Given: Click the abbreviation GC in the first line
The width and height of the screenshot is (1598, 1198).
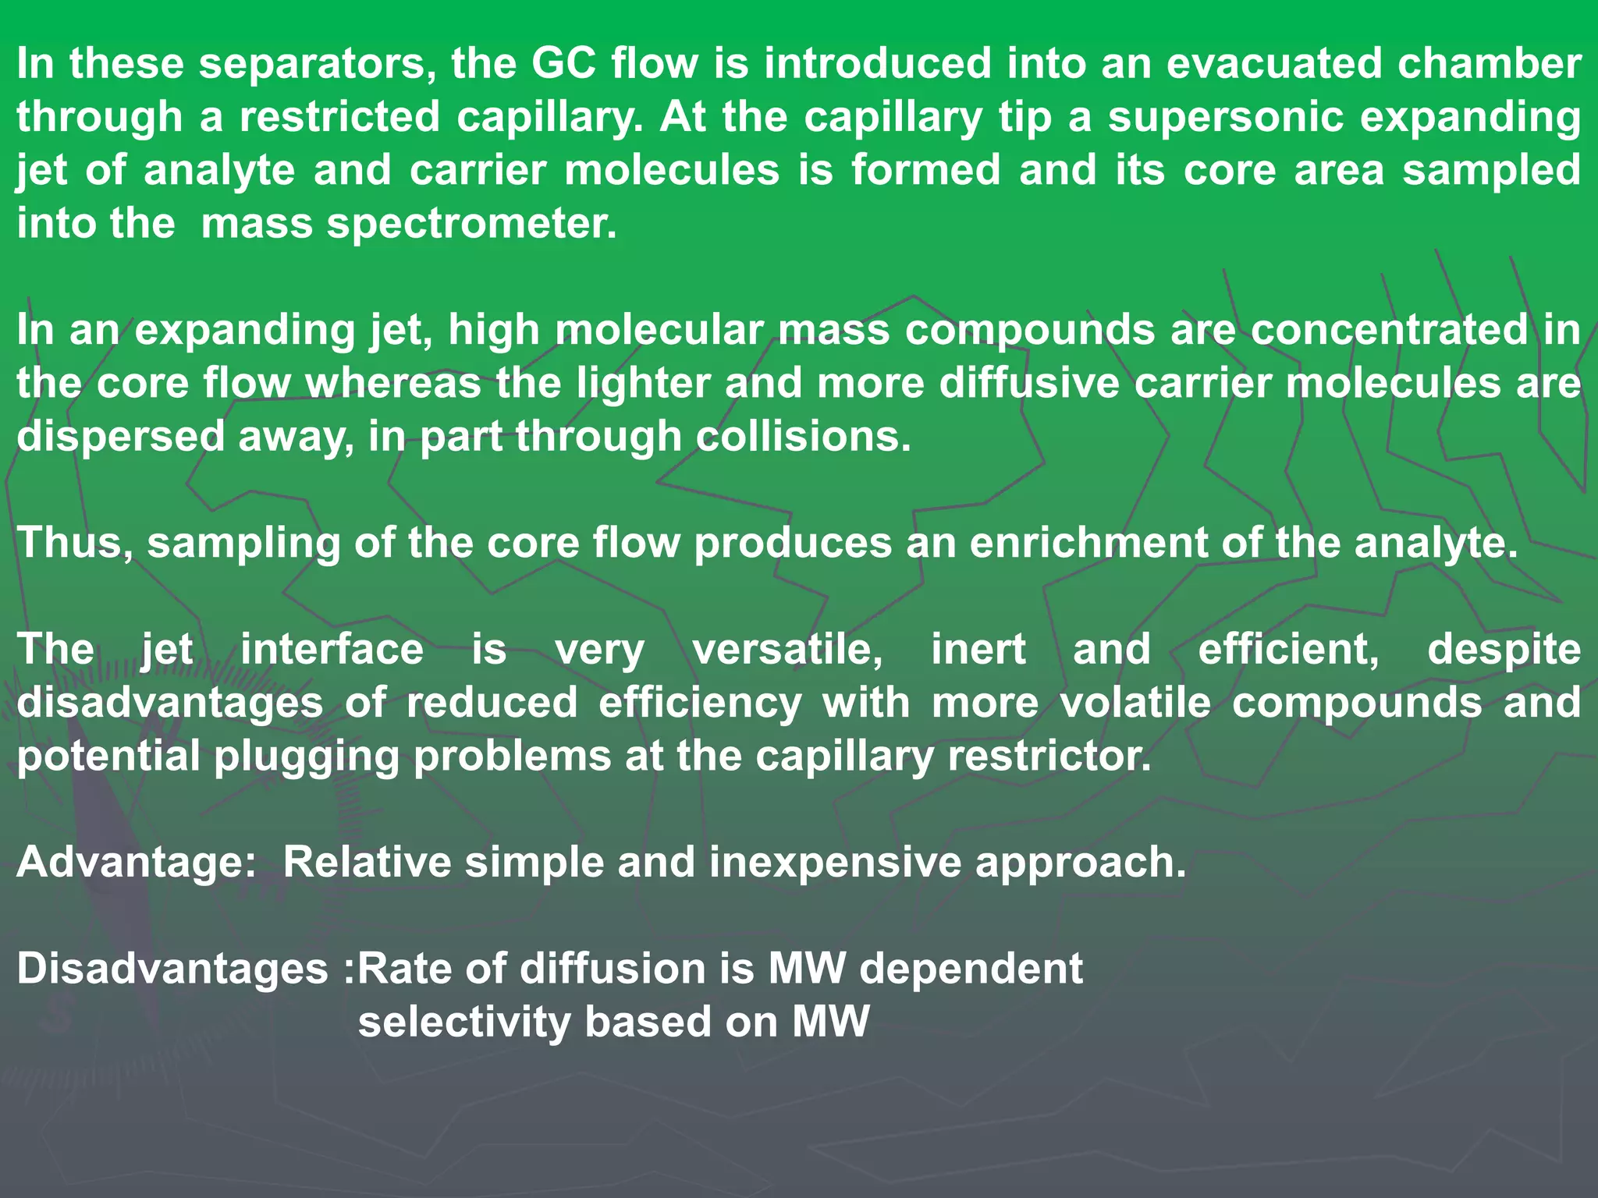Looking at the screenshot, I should pyautogui.click(x=564, y=63).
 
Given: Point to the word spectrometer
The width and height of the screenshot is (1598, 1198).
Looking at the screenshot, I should pyautogui.click(x=471, y=224).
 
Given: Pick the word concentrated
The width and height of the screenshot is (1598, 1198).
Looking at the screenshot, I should pyautogui.click(x=1388, y=330).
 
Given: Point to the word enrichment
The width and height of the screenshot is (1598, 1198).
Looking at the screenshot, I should pyautogui.click(x=1088, y=542).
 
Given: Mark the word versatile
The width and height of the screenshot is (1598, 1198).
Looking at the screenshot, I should pyautogui.click(x=787, y=649).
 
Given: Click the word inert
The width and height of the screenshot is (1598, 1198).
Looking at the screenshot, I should pyautogui.click(x=978, y=649).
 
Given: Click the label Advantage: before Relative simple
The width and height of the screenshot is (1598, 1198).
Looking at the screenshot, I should pyautogui.click(x=137, y=863).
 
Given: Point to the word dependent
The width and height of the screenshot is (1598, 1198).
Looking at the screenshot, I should pyautogui.click(x=971, y=969).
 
